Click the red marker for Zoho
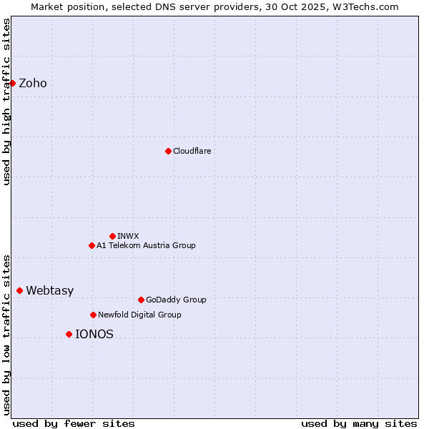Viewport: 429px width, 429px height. [x=12, y=83]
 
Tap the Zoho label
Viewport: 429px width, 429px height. [x=33, y=84]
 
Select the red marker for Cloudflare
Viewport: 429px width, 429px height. [x=168, y=151]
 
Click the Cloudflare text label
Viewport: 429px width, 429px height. [x=192, y=151]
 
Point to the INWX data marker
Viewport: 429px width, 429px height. [x=112, y=236]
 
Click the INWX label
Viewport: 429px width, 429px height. [x=128, y=236]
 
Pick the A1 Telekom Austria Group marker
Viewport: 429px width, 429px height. [x=92, y=245]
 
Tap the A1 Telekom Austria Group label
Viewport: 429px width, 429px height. [x=146, y=245]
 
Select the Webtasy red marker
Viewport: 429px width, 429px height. [x=19, y=290]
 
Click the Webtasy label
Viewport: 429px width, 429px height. [x=49, y=291]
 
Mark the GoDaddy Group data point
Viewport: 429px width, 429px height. [x=141, y=300]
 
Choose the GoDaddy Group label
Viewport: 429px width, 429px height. [x=175, y=300]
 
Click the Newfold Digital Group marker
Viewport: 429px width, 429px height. [x=93, y=315]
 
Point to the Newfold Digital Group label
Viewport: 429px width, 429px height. [x=139, y=315]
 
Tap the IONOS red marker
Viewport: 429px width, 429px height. [x=69, y=334]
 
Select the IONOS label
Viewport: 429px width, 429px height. [x=94, y=335]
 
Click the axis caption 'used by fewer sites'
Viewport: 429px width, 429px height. [x=74, y=423]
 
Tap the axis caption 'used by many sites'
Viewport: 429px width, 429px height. [x=359, y=423]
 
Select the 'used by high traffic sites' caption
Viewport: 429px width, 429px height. [x=7, y=102]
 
